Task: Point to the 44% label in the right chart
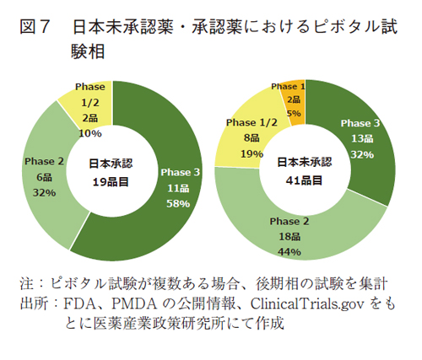tap(290, 252)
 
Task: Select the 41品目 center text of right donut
tap(302, 180)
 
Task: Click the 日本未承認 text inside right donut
tap(302, 161)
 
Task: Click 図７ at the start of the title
tap(34, 28)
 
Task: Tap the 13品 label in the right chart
tap(361, 138)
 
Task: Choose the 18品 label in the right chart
tap(290, 237)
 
